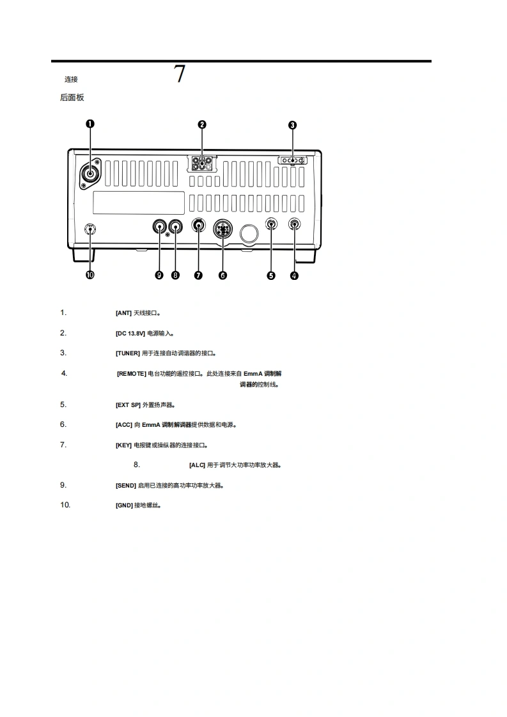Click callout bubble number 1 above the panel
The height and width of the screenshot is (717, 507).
pyautogui.click(x=90, y=124)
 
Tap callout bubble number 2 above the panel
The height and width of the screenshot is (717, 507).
pyautogui.click(x=202, y=124)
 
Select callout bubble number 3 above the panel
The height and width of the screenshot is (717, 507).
pyautogui.click(x=293, y=125)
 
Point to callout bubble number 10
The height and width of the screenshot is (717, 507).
pyautogui.click(x=90, y=275)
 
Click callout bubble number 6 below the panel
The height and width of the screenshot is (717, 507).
pyautogui.click(x=222, y=275)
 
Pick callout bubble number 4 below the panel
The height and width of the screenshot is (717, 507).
pyautogui.click(x=294, y=275)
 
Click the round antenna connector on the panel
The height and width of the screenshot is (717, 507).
pyautogui.click(x=91, y=173)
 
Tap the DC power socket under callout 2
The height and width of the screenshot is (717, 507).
pyautogui.click(x=202, y=163)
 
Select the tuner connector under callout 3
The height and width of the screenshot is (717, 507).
pyautogui.click(x=293, y=160)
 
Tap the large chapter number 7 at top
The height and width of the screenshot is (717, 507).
pyautogui.click(x=180, y=75)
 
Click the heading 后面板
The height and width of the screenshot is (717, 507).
pyautogui.click(x=72, y=98)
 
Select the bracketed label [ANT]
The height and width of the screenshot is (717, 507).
pyautogui.click(x=123, y=313)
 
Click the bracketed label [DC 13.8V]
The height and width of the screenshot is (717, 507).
pyautogui.click(x=130, y=334)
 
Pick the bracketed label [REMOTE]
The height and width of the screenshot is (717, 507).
pyautogui.click(x=131, y=374)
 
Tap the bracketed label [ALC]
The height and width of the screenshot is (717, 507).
pyautogui.click(x=197, y=465)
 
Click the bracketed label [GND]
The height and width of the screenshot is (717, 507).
pyautogui.click(x=124, y=505)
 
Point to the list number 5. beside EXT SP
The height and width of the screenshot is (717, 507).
pyautogui.click(x=63, y=405)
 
